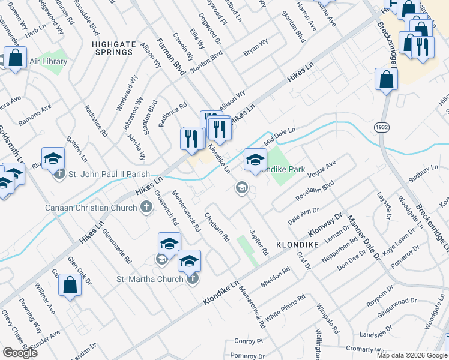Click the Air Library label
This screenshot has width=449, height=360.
pos(47,61)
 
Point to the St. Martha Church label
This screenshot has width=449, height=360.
pos(149,279)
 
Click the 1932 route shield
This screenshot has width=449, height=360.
pos(381,127)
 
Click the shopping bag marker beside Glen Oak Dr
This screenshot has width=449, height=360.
pos(70,286)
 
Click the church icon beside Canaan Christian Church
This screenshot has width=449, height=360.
pos(145,208)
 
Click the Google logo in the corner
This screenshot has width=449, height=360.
pos(20,353)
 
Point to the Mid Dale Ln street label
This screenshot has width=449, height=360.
pos(280,134)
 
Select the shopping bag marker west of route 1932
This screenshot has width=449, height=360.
pos(386,80)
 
